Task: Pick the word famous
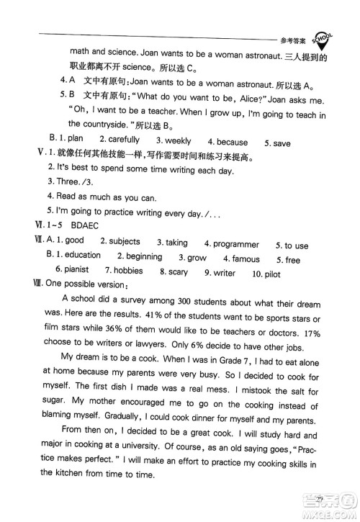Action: point(246,258)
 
